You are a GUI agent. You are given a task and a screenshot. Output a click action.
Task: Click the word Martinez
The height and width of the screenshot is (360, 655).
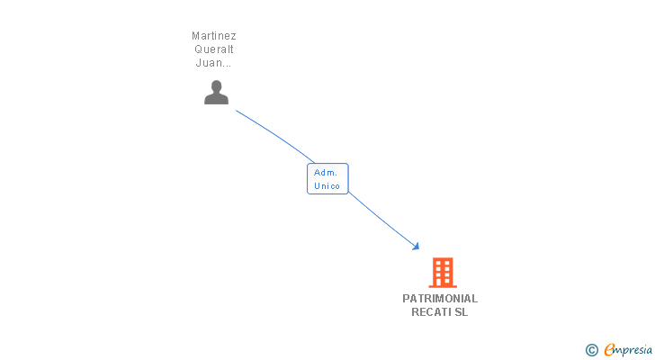[214, 36]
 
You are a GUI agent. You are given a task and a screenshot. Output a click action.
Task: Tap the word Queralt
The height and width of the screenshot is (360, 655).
[214, 49]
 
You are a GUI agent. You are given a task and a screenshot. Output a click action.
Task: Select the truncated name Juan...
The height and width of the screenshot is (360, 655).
[213, 63]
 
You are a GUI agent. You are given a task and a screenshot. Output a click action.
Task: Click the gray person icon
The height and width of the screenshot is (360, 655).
[216, 92]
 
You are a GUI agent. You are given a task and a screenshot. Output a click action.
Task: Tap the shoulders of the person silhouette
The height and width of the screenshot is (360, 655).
[216, 99]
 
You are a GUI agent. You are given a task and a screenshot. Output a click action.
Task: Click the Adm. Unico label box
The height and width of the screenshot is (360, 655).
[327, 179]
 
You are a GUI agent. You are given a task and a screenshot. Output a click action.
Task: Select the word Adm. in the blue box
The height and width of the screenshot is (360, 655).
[326, 173]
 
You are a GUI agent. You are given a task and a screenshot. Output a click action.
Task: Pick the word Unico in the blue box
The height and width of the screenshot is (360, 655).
[327, 185]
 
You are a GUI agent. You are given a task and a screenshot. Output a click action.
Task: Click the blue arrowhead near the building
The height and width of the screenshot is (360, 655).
[416, 247]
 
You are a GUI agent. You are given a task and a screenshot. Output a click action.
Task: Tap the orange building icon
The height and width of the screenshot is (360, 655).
[443, 273]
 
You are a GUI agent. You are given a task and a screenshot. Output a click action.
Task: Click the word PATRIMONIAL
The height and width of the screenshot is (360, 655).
[440, 299]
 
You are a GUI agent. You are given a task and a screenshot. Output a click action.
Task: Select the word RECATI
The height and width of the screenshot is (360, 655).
[431, 312]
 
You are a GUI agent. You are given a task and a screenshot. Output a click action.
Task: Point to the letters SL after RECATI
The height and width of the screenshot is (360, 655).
[462, 312]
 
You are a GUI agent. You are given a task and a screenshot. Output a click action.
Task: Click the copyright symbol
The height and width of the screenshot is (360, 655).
[591, 350]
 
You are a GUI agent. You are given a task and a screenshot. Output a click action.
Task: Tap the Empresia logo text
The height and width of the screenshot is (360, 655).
[628, 350]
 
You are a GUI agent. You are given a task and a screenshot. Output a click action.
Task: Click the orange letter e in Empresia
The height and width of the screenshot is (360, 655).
[609, 349]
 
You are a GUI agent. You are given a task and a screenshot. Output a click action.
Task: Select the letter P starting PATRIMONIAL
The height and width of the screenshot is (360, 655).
[406, 299]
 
